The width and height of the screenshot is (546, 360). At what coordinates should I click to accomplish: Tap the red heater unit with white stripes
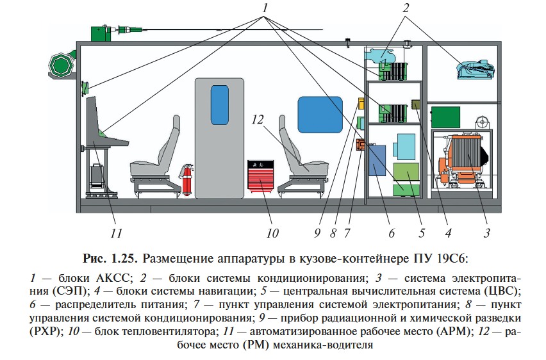click(x=261, y=175)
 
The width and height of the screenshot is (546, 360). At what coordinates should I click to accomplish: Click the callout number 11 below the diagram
click(x=116, y=232)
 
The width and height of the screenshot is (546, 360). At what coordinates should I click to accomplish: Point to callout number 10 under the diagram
click(x=272, y=232)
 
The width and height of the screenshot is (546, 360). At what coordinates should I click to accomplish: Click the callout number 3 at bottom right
click(x=486, y=232)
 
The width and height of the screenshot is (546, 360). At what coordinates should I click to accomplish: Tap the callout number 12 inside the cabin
click(x=258, y=120)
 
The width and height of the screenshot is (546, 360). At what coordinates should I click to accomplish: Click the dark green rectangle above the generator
click(x=449, y=117)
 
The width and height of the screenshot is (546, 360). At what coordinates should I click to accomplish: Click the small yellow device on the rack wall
click(x=361, y=104)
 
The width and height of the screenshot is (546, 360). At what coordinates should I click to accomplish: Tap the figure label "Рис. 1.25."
click(x=110, y=259)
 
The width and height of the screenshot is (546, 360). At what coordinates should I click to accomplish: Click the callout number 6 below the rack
click(x=391, y=232)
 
